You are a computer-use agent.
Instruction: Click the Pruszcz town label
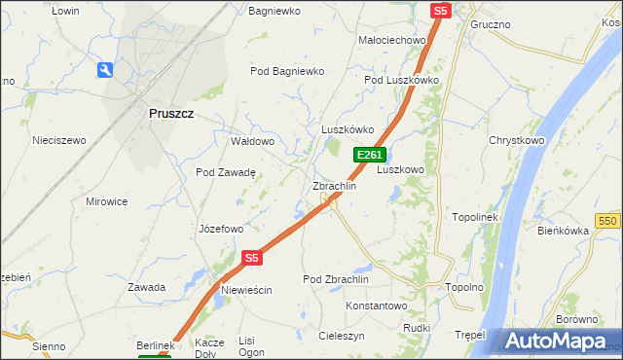click(x=170, y=113)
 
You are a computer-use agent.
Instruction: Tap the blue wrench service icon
click(x=105, y=70)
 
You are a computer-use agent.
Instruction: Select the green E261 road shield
click(x=370, y=155)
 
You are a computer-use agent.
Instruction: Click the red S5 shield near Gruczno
click(x=441, y=10)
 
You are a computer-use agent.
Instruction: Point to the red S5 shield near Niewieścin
click(x=252, y=258)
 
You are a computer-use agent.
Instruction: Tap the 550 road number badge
click(x=608, y=221)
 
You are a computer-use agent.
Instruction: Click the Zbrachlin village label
click(x=334, y=186)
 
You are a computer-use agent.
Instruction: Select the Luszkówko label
click(x=348, y=129)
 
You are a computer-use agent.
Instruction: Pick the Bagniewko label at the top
click(x=275, y=11)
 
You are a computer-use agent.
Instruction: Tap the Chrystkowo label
click(x=516, y=140)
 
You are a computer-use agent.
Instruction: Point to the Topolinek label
click(x=475, y=217)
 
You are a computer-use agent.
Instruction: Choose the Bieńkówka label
click(x=564, y=231)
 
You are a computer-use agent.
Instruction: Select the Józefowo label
click(x=220, y=230)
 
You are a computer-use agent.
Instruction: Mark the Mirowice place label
click(x=107, y=201)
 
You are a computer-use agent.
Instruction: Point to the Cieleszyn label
click(x=342, y=336)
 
